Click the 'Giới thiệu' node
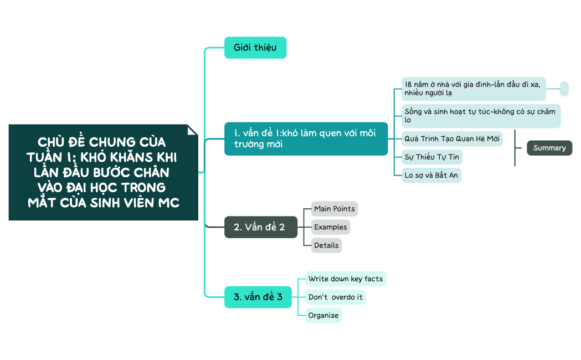pos(255,48)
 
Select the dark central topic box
pos(103,172)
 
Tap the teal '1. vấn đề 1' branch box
pos(306,139)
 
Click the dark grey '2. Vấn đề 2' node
pos(260,227)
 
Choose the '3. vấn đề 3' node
pos(258,297)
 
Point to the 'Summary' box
pos(549,148)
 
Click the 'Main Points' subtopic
pos(335,209)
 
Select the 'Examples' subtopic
pos(331,227)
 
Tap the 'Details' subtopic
pos(326,245)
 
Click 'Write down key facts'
pos(346,279)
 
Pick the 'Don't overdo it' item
pos(336,297)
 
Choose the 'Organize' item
pos(323,315)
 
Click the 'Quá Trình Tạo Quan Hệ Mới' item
pos(452,138)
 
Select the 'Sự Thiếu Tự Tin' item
pos(432,157)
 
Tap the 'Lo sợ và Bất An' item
pos(431,176)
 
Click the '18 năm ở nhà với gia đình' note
pos(474,89)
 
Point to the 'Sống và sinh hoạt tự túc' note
pos(480,116)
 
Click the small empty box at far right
pos(564,89)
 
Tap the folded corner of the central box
pos(193,130)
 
